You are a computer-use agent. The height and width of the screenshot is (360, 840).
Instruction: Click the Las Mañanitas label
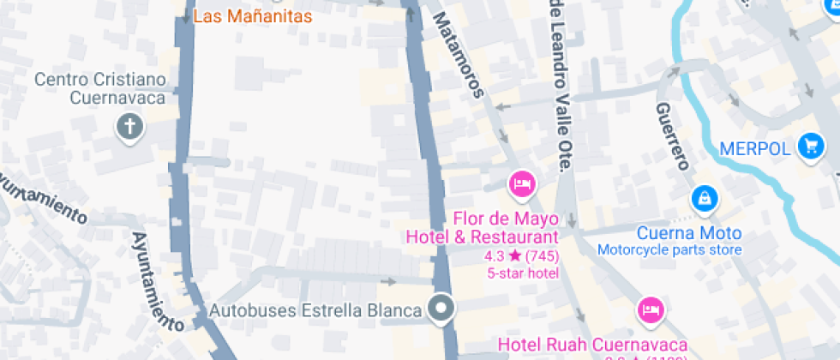tap(252, 15)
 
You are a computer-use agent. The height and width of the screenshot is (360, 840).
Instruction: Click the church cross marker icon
tap(130, 129)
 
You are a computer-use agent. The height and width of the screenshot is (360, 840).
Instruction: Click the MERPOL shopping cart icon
tap(809, 147)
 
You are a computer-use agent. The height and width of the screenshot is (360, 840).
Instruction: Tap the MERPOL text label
tap(754, 148)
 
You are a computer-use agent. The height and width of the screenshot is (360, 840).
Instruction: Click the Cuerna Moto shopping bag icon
tap(704, 198)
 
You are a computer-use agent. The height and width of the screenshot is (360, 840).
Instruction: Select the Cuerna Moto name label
tap(689, 233)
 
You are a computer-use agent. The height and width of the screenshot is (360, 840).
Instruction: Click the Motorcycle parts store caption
tap(669, 250)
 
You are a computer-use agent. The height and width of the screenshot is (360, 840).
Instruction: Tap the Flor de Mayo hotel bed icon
tap(521, 183)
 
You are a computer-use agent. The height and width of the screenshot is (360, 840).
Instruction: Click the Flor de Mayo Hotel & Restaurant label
tap(482, 227)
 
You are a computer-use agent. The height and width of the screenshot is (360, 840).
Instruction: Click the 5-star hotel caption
tap(523, 273)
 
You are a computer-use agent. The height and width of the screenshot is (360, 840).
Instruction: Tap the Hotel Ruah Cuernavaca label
tap(592, 345)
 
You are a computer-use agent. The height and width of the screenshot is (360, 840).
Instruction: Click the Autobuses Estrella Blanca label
tap(316, 309)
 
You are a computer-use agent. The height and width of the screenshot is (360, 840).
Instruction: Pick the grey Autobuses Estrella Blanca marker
tap(442, 308)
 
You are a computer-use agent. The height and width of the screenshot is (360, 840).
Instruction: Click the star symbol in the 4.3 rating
tap(514, 255)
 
